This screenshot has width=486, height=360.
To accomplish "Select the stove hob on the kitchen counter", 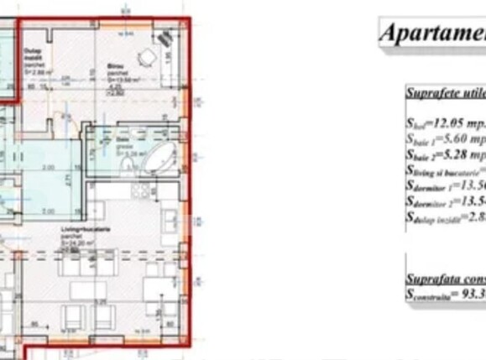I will (139, 191).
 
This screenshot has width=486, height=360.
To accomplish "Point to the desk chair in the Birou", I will (147, 57).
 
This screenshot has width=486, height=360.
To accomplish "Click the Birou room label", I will (114, 65).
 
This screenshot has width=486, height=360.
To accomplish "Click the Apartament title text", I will (432, 34).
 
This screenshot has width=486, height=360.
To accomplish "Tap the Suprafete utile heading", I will (445, 93).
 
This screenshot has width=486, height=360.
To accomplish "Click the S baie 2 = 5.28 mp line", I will (445, 154).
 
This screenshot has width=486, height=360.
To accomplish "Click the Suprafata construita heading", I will (445, 278).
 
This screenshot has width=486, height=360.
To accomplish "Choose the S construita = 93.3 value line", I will (445, 294).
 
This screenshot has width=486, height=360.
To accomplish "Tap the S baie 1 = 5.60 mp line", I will (445, 138).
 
